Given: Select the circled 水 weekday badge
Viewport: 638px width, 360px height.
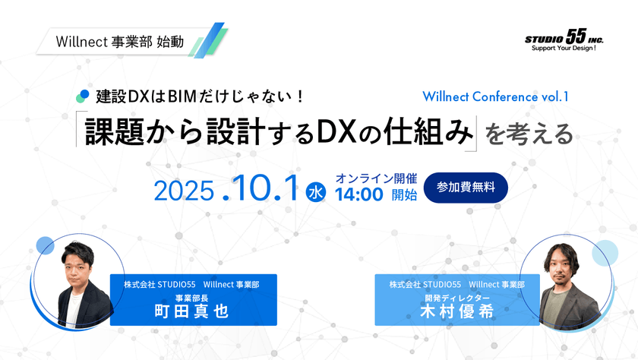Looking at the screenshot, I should click(315, 193).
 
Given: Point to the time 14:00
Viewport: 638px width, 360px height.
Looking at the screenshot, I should click(359, 195).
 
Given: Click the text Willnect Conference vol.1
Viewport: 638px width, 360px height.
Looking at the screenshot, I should click(494, 96).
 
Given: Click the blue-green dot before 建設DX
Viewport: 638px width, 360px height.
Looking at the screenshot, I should click(83, 96).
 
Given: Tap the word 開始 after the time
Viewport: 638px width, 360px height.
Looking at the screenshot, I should click(405, 195).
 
